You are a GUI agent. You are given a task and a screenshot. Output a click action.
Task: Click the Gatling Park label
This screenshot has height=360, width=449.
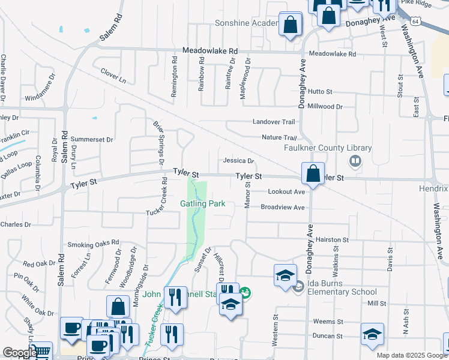click(203, 203)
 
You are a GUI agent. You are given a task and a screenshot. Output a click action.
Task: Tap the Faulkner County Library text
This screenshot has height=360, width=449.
click(328, 148)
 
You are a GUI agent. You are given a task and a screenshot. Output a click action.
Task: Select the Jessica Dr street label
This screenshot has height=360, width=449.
click(238, 161)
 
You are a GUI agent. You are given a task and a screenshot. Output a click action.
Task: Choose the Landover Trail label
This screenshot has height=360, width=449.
click(274, 121)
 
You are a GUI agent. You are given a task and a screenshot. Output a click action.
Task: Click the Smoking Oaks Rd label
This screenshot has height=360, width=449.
click(93, 244)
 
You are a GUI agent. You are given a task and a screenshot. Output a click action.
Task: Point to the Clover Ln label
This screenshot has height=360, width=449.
click(113, 79)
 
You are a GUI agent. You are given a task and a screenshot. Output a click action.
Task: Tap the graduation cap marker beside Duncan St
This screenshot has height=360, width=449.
click(372, 334)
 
